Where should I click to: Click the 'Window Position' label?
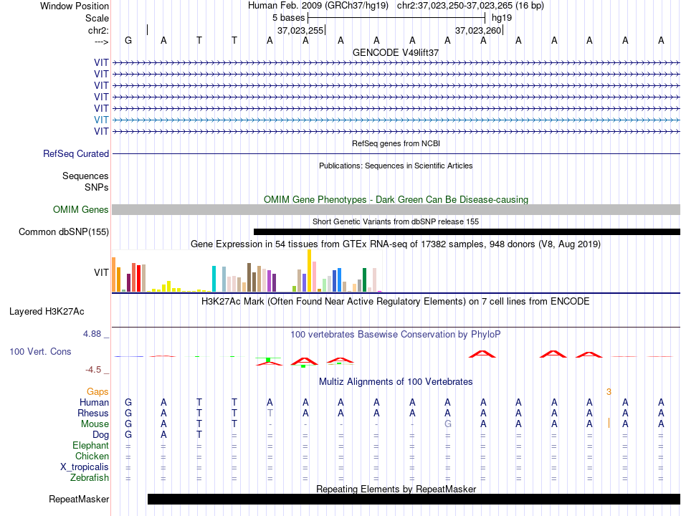click(75, 6)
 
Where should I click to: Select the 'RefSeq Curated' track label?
click(76, 154)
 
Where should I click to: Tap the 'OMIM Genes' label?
click(81, 209)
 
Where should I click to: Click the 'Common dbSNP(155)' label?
click(64, 232)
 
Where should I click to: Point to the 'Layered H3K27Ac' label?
click(47, 312)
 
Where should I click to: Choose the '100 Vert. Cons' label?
click(40, 351)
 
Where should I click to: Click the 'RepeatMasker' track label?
click(79, 499)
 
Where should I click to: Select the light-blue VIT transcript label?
click(101, 120)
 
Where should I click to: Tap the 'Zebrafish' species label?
click(90, 478)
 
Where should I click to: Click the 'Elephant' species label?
click(91, 446)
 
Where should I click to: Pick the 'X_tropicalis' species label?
click(85, 467)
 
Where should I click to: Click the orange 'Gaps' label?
click(97, 392)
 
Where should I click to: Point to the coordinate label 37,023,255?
click(300, 30)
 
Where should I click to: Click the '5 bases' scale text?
click(289, 18)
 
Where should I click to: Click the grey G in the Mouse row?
click(448, 424)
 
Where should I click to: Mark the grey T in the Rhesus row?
click(270, 413)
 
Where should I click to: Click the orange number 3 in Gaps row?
click(609, 392)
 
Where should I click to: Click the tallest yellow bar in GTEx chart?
click(309, 271)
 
